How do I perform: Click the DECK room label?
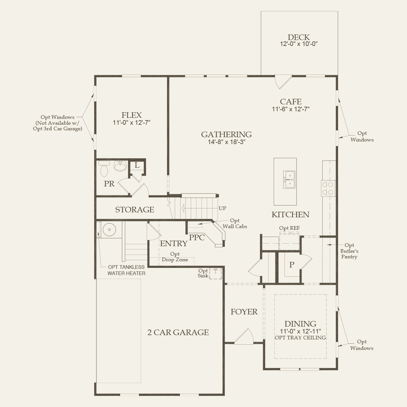pos(299,37)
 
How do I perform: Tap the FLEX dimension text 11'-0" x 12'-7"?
pos(131,123)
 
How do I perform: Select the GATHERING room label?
pos(226,135)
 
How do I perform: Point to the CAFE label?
pos(290,102)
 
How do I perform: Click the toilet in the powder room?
pos(104,169)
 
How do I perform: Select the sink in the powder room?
pos(120,166)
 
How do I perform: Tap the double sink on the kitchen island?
pos(289,180)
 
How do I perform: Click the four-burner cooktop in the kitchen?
pos(328,188)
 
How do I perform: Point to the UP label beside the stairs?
pos(222,208)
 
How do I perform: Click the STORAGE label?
pos(135,210)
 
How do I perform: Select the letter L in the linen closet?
pos(137,165)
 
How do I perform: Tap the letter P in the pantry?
pos(291,265)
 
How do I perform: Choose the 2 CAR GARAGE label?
pos(178,332)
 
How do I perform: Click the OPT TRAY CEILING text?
pos(300,338)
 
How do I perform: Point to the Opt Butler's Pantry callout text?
pos(349,251)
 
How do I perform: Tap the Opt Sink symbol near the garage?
pos(216,273)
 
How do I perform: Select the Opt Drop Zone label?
pos(175,257)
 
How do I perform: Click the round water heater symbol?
pos(109,229)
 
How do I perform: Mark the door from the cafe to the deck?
pos(283,82)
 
